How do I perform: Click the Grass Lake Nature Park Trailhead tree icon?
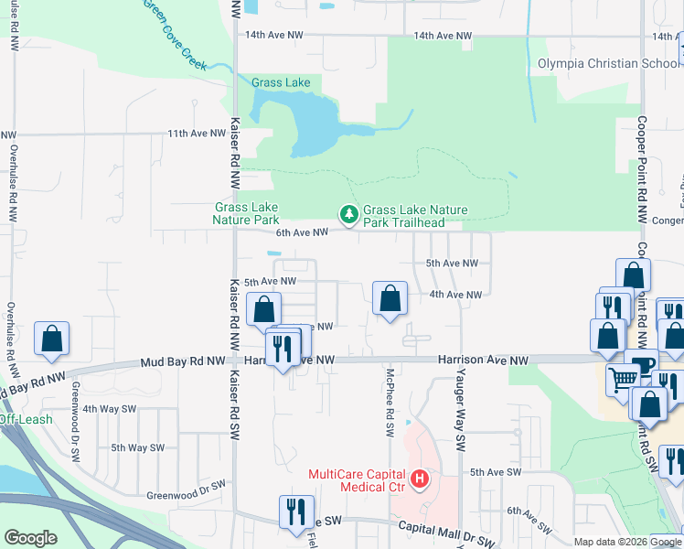pyautogui.click(x=348, y=215)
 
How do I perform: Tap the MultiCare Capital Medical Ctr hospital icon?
pyautogui.click(x=420, y=479)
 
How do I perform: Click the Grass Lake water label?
pyautogui.click(x=281, y=82)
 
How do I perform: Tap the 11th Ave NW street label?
pyautogui.click(x=197, y=134)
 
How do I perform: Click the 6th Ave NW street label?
pyautogui.click(x=302, y=232)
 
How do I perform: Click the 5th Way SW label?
pyautogui.click(x=137, y=447)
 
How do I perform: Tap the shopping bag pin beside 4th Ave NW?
pyautogui.click(x=390, y=297)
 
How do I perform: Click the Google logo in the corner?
pyautogui.click(x=30, y=538)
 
